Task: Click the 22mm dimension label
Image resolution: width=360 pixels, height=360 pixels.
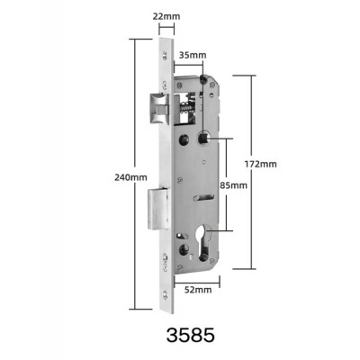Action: (x=165, y=16)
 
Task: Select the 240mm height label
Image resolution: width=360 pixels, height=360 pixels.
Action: (x=133, y=177)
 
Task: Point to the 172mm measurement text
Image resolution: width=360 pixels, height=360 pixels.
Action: (x=261, y=164)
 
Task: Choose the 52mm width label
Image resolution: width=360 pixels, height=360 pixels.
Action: (x=198, y=291)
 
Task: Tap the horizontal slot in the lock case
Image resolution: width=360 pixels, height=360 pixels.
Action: (x=204, y=197)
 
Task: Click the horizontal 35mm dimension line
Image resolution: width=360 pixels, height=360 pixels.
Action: (x=188, y=64)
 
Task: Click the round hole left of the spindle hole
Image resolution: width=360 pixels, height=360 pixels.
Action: (x=184, y=139)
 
